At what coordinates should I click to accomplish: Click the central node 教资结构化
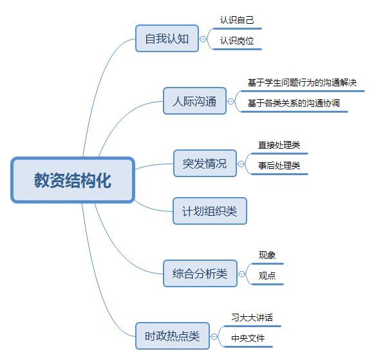point(73,180)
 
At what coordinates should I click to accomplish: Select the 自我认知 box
point(167,39)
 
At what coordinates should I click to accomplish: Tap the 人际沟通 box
point(194,100)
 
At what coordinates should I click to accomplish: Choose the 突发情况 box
point(205,164)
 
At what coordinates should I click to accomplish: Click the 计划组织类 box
point(210,211)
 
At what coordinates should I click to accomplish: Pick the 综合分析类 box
point(200,274)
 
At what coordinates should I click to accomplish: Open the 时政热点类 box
point(173,336)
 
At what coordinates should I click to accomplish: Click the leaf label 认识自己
point(237,20)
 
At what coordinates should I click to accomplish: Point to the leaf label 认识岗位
point(237,41)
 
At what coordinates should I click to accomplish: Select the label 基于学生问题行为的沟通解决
point(302,82)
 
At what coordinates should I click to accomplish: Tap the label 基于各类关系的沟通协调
point(294,103)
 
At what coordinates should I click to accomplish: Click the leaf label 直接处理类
point(279,145)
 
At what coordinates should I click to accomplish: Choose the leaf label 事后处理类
point(279,166)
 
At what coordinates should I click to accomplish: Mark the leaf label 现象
point(267,255)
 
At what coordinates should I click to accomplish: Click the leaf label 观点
point(267,276)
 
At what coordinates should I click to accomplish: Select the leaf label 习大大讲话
point(252,317)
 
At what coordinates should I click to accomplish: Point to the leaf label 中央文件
point(248,338)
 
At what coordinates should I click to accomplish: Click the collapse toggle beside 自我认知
point(203,39)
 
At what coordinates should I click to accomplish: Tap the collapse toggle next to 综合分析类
point(241,274)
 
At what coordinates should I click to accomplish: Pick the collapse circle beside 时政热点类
point(214,337)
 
